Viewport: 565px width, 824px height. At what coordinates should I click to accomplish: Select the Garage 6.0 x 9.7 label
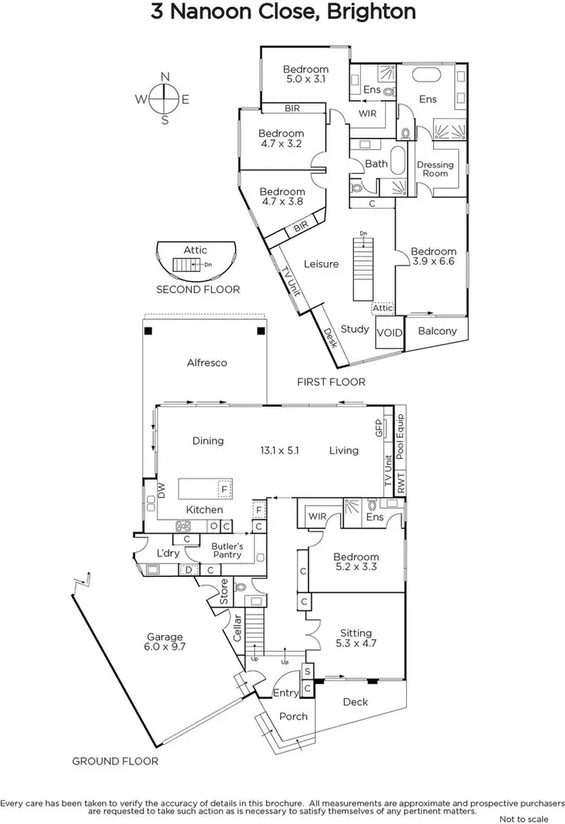point(165,642)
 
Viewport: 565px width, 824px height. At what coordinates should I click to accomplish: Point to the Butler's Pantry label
point(226,550)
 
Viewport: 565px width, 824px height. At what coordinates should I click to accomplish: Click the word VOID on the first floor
point(389,332)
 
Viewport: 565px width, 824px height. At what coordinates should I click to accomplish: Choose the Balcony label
point(437,331)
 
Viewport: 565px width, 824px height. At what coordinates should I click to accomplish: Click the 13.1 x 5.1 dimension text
point(280,450)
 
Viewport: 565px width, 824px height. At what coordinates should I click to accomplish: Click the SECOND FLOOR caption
point(198,289)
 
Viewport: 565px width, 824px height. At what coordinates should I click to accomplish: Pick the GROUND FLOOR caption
point(115,761)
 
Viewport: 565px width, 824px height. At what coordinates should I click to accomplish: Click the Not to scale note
point(528,819)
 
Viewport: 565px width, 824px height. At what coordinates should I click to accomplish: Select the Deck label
point(356,702)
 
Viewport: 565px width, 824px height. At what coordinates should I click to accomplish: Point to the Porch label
point(294,716)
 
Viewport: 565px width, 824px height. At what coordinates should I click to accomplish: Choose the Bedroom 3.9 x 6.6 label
point(433,256)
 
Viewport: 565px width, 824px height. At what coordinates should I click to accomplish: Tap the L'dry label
point(166,554)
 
